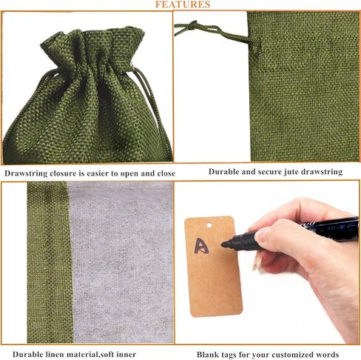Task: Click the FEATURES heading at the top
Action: coord(183,4)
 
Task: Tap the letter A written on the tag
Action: coord(201,246)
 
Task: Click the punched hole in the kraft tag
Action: coord(209,225)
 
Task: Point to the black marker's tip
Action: coord(224,244)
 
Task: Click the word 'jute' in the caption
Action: coord(292,172)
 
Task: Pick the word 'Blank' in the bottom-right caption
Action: coord(207,355)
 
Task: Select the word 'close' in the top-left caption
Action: coord(166,173)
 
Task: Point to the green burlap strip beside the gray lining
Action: coord(49,262)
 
